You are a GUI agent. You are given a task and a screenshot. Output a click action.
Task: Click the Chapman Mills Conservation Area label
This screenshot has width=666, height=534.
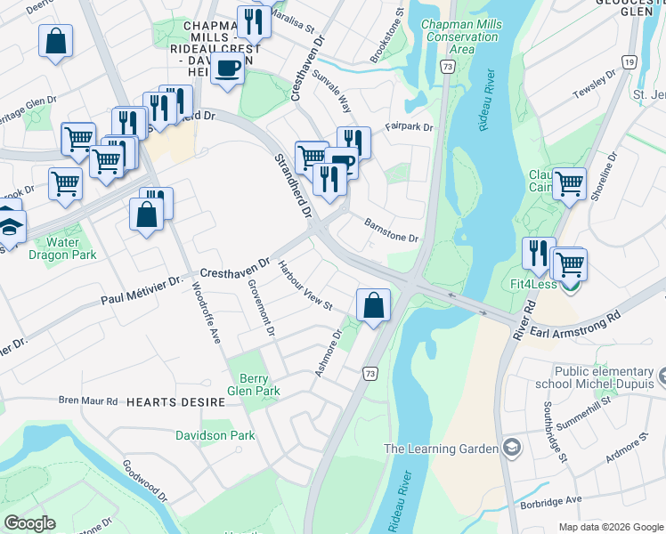459,36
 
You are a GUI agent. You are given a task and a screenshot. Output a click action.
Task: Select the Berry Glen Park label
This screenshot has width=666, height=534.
254,384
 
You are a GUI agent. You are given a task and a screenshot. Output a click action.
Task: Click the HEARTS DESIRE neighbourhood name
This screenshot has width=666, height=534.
175,402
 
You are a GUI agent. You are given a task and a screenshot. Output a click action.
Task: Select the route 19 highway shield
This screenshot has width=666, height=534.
629,61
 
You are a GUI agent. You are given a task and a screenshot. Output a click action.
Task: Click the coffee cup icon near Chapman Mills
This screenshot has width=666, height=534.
229,68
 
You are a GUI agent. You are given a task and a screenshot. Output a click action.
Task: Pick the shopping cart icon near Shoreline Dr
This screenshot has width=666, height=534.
569,183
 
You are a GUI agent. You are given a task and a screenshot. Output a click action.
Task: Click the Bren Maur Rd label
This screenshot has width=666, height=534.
88,401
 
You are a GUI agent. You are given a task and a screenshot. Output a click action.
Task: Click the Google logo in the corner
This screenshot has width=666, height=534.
29,522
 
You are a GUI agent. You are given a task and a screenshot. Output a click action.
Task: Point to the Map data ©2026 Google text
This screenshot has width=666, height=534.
610,527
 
